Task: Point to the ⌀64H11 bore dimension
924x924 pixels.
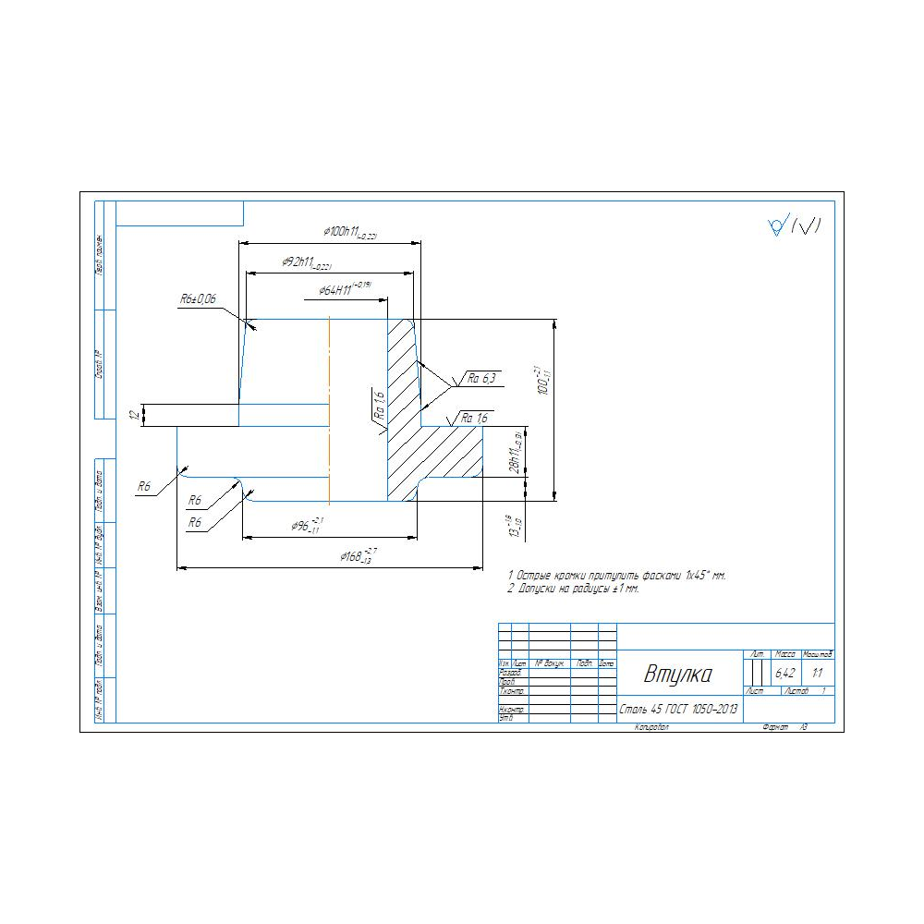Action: coord(344,289)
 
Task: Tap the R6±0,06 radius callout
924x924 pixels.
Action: coord(198,299)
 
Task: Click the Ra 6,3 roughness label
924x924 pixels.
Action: coord(481,378)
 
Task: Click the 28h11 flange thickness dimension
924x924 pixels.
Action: coord(517,452)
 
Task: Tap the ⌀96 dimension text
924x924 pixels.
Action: coord(306,525)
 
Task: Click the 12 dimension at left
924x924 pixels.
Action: coord(135,416)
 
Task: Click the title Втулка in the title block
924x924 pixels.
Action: coord(678,675)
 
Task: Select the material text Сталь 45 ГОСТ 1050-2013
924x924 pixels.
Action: coord(678,711)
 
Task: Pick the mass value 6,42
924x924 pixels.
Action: coord(785,674)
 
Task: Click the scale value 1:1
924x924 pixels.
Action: coord(818,674)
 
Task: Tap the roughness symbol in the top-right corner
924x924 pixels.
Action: coord(794,225)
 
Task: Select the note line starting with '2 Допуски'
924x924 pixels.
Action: coord(573,589)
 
